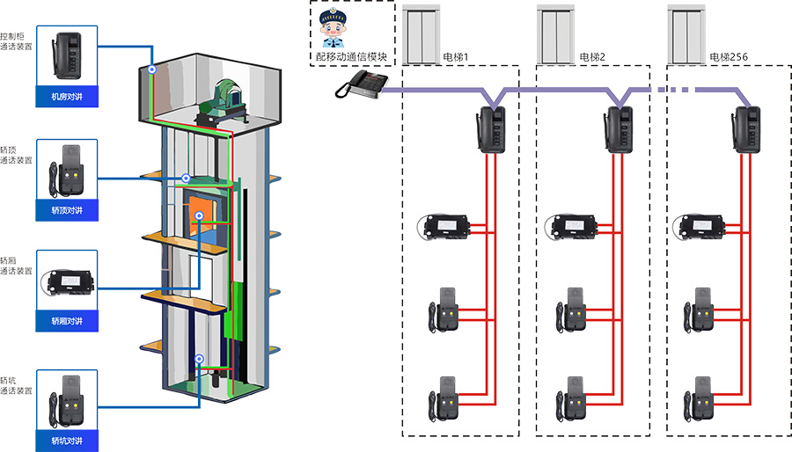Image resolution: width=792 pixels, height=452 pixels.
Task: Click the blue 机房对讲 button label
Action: click(x=67, y=97)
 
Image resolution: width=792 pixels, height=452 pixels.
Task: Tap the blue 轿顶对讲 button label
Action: click(x=67, y=211)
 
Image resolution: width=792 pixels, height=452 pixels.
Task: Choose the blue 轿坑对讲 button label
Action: click(x=67, y=440)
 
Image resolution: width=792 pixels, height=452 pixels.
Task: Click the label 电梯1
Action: click(x=456, y=58)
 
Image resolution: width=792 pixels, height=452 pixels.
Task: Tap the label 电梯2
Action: click(x=592, y=58)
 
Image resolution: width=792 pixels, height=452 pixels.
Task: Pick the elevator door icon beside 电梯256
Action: click(x=689, y=34)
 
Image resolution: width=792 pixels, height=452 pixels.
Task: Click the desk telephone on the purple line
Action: click(x=361, y=84)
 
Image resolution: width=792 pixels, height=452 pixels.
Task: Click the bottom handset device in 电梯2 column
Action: click(x=571, y=397)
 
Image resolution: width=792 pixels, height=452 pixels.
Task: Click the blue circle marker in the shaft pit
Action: click(x=200, y=359)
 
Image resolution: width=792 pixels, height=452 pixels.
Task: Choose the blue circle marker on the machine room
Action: click(x=151, y=67)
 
